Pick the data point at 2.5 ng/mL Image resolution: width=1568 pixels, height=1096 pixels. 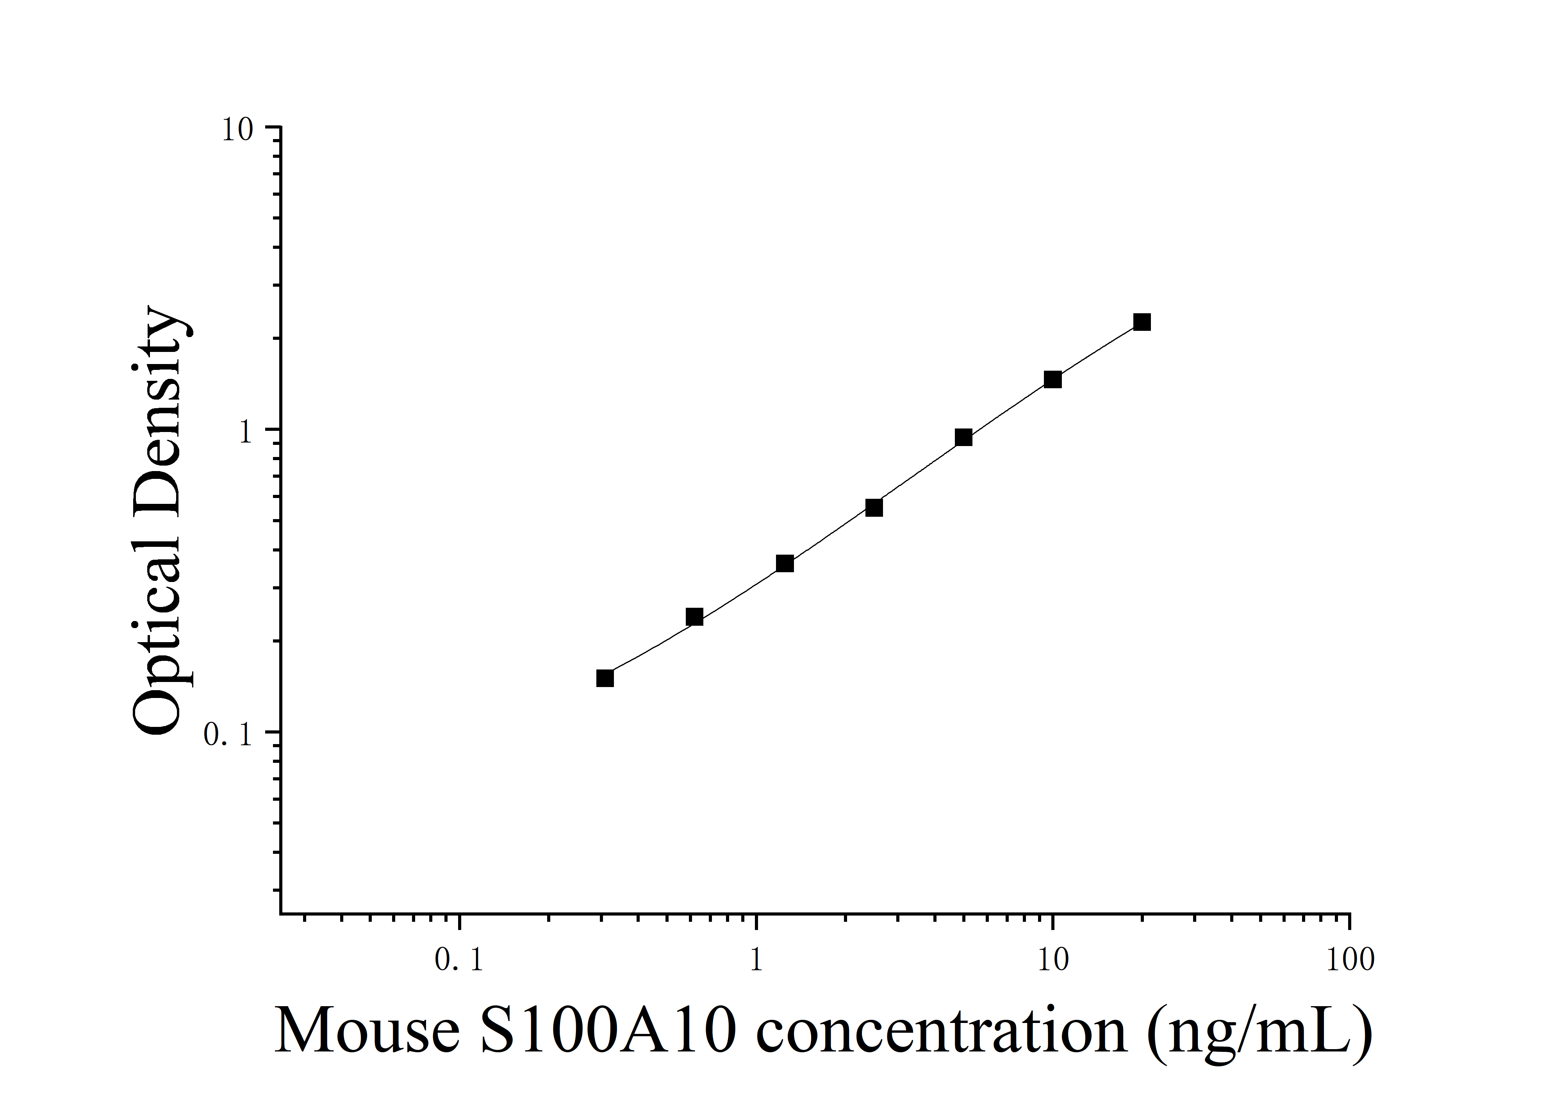click(874, 507)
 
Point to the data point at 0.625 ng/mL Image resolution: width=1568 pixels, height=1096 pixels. click(694, 617)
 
